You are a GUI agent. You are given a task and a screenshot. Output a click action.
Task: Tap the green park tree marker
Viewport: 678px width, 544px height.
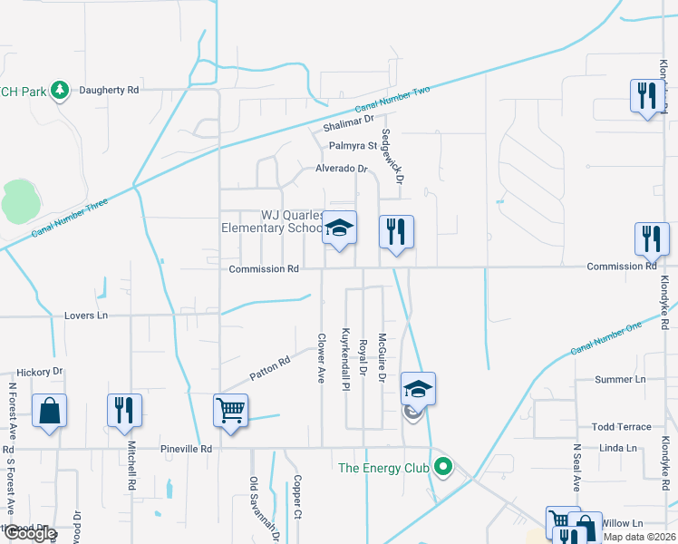60,90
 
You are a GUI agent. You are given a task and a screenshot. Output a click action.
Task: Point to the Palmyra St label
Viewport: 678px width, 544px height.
353,145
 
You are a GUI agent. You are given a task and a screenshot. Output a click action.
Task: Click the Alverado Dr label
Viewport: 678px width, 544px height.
341,169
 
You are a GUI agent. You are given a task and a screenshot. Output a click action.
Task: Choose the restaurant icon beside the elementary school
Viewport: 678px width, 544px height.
396,231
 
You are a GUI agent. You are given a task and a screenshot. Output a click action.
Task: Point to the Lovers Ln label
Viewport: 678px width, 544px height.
86,316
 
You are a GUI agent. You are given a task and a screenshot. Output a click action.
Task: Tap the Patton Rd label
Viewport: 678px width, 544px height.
269,367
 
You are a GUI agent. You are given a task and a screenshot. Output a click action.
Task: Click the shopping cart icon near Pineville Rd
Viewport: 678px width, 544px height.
230,410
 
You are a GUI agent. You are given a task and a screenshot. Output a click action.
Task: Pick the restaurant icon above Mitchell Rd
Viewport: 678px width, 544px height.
124,410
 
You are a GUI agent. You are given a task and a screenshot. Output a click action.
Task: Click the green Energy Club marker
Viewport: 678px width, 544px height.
443,468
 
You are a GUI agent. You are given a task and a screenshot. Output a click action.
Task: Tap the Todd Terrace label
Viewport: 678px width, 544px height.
621,427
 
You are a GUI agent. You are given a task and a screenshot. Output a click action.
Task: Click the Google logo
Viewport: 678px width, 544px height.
30,533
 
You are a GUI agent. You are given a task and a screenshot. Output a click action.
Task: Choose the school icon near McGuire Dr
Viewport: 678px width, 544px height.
418,389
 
